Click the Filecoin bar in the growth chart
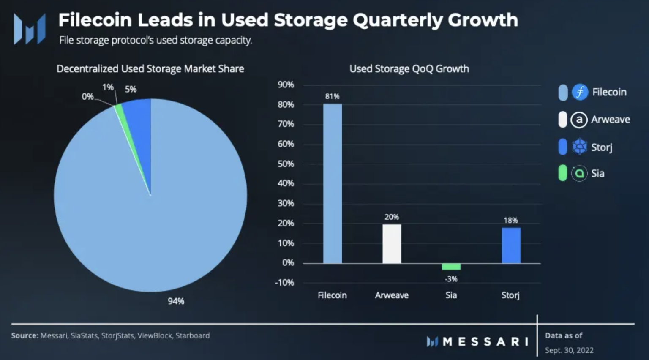[333, 183]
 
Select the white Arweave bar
[392, 244]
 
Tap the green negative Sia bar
[451, 267]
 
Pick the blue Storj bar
[511, 245]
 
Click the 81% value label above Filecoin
[332, 96]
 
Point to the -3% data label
[451, 279]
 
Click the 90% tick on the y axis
[286, 85]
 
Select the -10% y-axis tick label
[284, 282]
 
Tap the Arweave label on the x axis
[392, 295]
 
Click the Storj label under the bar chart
[510, 295]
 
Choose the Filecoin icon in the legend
[580, 92]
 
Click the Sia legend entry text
[597, 173]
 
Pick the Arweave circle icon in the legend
[579, 120]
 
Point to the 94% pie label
[176, 301]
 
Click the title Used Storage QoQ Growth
[409, 69]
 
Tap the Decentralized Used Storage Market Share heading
[150, 69]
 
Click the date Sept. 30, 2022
[569, 350]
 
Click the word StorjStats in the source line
[117, 335]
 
